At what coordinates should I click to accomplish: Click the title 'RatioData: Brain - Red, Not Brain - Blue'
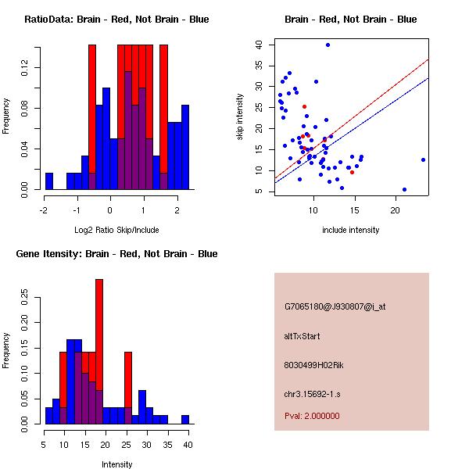(116, 19)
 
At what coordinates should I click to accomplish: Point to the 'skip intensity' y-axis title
(241, 117)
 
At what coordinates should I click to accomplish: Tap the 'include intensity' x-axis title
(350, 230)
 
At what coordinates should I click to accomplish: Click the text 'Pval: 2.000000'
(312, 416)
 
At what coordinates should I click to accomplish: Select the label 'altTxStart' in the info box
(302, 336)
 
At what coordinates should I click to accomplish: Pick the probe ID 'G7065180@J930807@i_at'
(335, 306)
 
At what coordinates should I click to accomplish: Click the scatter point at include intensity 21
(404, 189)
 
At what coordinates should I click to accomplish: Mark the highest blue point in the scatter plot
(328, 45)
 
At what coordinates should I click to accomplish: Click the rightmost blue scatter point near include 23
(423, 159)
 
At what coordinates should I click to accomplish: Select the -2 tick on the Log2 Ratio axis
(43, 209)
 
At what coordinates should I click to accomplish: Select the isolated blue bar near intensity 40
(185, 420)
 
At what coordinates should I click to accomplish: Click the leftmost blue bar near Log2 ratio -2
(49, 181)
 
